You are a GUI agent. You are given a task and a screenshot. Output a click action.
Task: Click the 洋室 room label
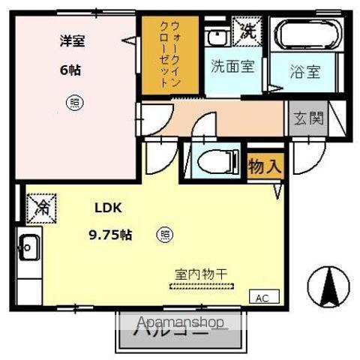73,42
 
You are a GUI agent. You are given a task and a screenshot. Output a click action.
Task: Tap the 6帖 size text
70,70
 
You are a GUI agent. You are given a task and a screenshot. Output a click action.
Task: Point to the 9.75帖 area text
110,235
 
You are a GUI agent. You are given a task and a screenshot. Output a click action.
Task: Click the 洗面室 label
232,66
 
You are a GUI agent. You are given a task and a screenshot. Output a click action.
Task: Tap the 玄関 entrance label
309,118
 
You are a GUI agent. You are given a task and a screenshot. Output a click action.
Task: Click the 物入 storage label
265,166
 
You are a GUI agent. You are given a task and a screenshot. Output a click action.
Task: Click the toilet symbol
214,162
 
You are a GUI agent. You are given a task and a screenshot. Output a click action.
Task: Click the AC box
262,297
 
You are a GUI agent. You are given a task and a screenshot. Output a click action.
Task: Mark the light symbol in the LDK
163,235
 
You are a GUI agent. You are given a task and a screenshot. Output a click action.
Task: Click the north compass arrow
329,285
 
